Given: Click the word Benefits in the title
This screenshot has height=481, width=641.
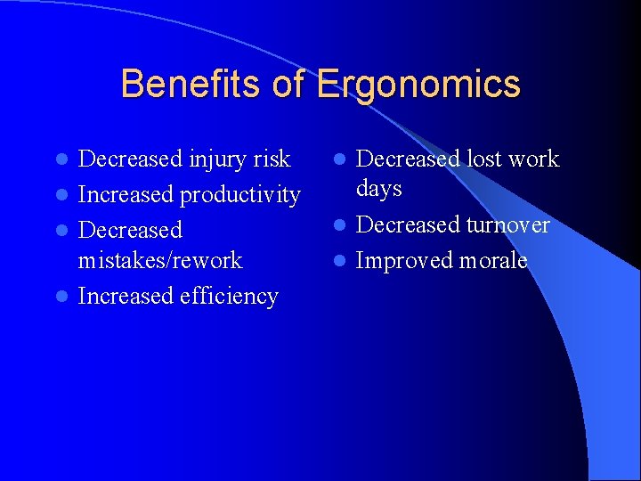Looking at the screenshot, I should pos(191,85).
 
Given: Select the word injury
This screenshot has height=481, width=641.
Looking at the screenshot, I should pos(219,159).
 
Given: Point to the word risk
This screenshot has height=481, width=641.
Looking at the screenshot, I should pos(272,159).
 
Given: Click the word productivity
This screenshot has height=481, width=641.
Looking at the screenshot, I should pos(240,195).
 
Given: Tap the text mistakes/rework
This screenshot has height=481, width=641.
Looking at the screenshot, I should pos(160,260).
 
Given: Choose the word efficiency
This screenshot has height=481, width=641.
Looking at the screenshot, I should pos(229,296).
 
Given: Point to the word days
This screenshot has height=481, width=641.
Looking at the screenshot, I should pos(379,189).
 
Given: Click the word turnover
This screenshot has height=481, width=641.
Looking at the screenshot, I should pos(508,224).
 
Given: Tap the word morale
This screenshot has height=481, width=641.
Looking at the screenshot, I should pos(493,260).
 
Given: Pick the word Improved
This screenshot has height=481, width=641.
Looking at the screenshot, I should pos(405,261).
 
